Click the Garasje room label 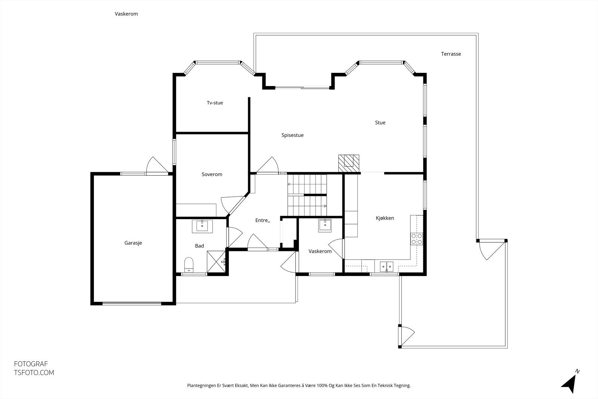[x=133, y=243]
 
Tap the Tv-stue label [x=215, y=103]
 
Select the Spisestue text [x=292, y=135]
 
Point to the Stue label [x=380, y=123]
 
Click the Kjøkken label [x=385, y=218]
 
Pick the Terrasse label [x=451, y=54]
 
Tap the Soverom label [x=212, y=174]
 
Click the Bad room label [x=200, y=246]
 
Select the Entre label [x=263, y=220]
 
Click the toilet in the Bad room [x=189, y=265]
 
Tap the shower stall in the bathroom [x=216, y=262]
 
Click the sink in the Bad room [x=202, y=227]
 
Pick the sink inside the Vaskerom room [x=325, y=225]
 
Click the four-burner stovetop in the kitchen [x=416, y=239]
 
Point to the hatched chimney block [x=349, y=163]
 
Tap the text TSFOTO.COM [x=34, y=373]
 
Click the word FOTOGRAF [x=31, y=364]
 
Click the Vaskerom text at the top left [x=126, y=14]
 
